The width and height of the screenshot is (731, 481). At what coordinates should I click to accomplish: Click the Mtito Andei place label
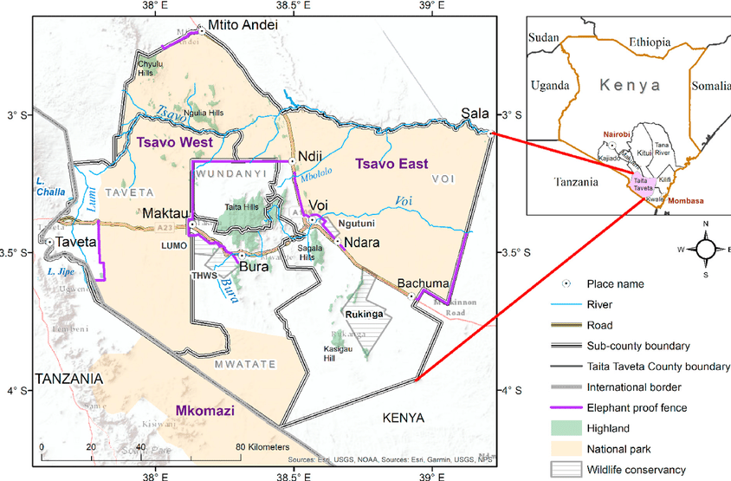tap(243, 26)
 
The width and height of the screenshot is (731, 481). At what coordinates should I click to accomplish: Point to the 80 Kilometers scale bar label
tap(263, 447)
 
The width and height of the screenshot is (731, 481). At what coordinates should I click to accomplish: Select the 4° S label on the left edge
tap(16, 391)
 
